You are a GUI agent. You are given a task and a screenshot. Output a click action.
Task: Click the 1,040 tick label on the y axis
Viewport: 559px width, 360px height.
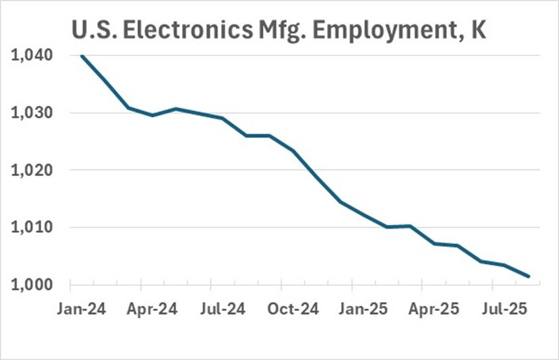(32, 56)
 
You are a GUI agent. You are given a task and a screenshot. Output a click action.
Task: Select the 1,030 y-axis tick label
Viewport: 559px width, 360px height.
(32, 113)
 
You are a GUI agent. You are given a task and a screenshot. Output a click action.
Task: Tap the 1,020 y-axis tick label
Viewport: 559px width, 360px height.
(32, 171)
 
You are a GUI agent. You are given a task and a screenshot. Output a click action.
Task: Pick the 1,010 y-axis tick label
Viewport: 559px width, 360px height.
(32, 228)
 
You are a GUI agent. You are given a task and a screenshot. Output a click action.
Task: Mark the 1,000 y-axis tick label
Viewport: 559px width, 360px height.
(32, 285)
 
